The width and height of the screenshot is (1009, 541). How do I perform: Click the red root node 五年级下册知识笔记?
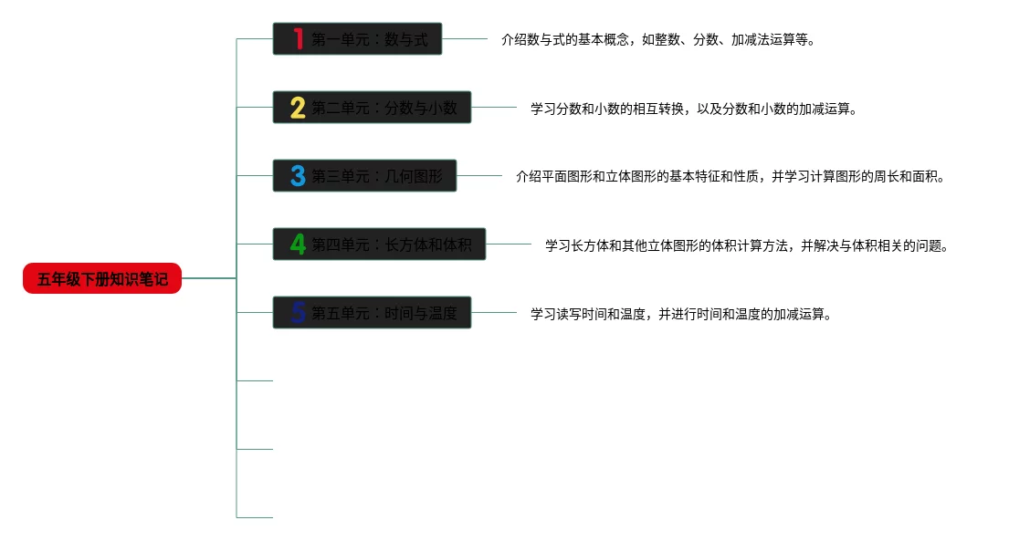(102, 278)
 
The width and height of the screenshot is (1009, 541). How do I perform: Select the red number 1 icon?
(298, 39)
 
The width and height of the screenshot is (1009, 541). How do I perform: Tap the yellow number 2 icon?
(298, 108)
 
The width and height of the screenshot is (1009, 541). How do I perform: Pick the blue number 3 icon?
(298, 176)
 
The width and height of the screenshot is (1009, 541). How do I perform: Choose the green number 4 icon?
(298, 244)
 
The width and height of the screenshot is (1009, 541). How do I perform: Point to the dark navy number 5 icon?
(298, 313)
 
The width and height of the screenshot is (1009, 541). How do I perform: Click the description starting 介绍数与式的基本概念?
(657, 40)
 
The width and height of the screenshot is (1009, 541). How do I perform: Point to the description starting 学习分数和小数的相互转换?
(694, 109)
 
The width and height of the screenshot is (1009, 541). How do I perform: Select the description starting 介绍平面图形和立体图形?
(730, 177)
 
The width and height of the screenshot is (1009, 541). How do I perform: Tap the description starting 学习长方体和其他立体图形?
(747, 245)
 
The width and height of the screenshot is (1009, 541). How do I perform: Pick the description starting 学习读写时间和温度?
(681, 314)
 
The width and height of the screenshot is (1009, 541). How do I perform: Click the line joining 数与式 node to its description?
(465, 39)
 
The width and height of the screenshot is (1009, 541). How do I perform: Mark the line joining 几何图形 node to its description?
(479, 176)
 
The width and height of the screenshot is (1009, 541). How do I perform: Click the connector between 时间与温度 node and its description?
(494, 313)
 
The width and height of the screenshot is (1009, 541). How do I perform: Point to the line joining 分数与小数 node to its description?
(494, 108)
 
